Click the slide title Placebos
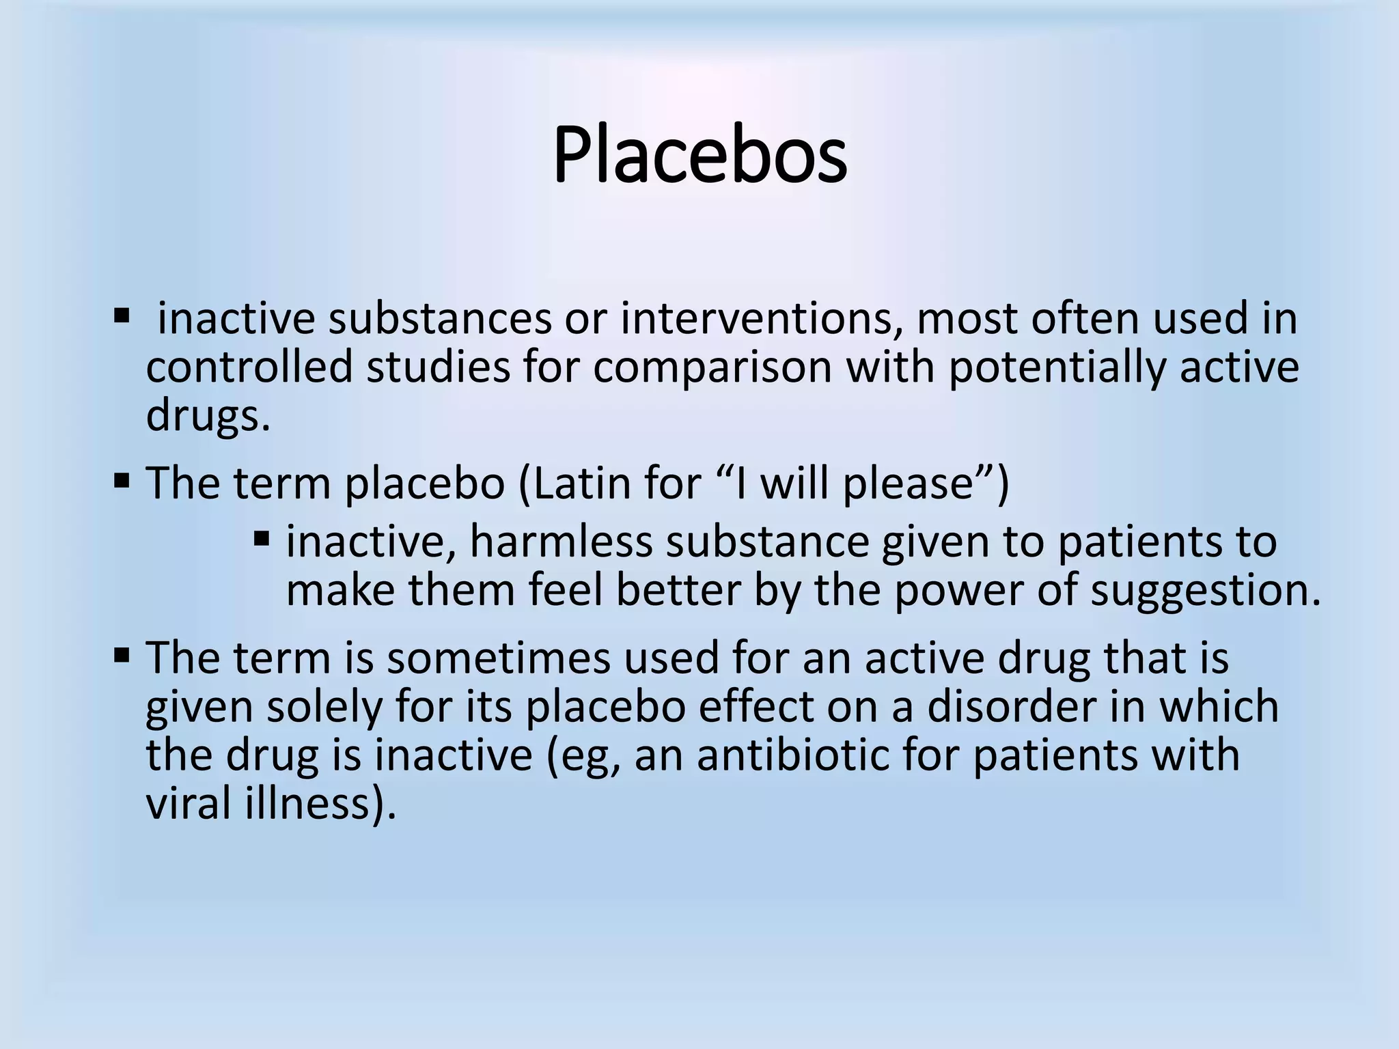click(x=699, y=157)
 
